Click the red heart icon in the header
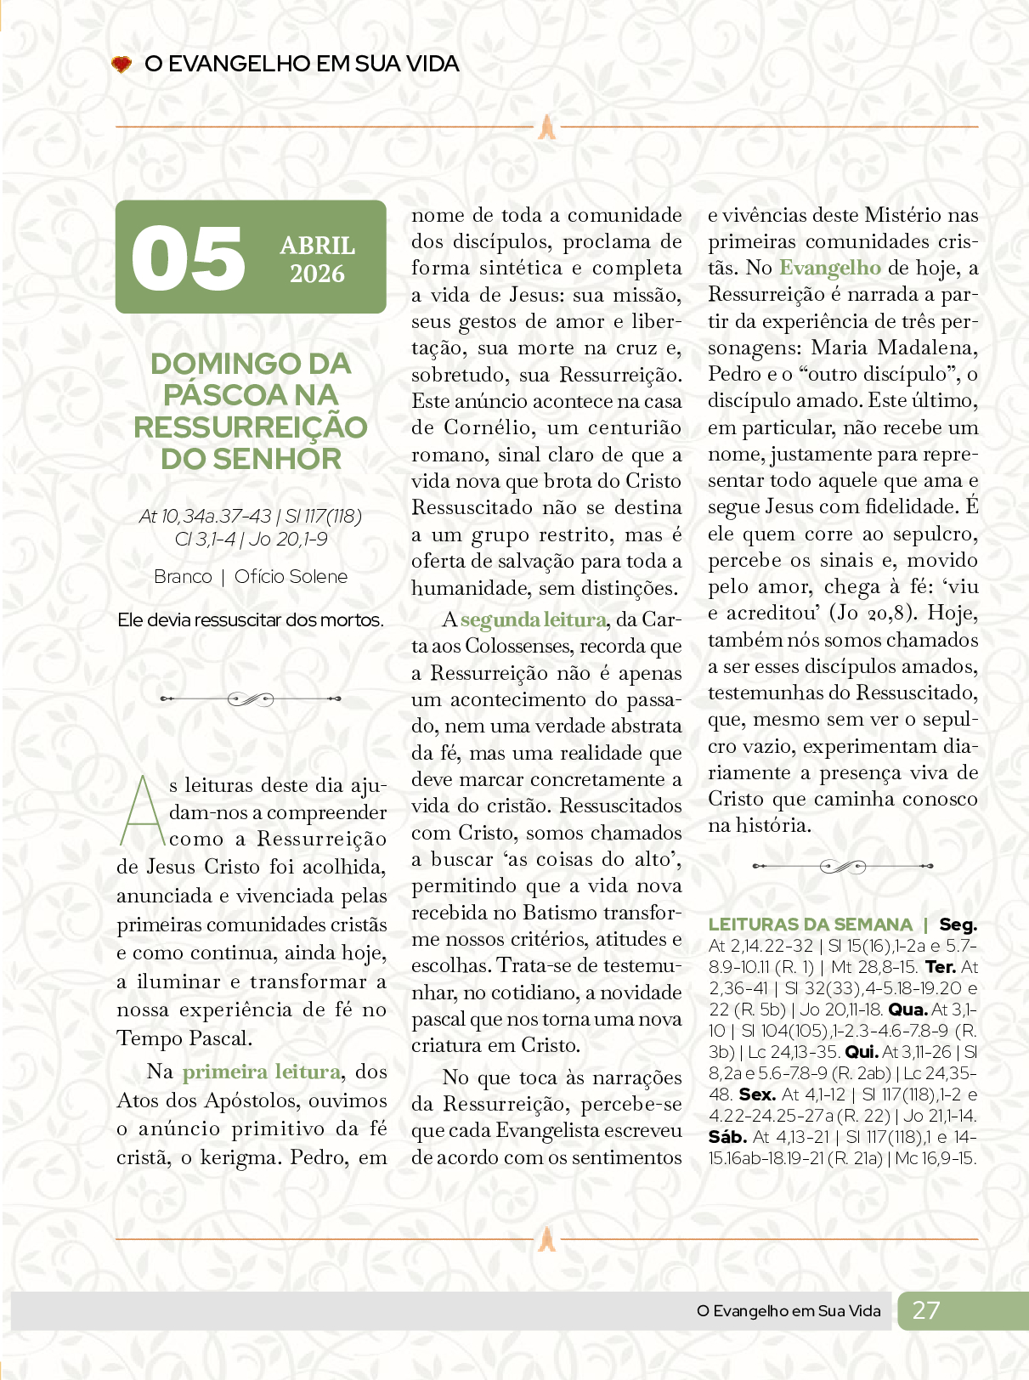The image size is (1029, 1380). (122, 64)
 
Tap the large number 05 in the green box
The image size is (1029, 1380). (189, 257)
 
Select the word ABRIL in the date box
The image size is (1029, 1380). (318, 246)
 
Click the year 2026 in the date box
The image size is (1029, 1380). (317, 274)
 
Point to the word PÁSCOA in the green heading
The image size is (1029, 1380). (218, 395)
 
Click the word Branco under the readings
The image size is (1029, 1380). (183, 577)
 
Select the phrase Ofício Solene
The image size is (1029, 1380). (291, 577)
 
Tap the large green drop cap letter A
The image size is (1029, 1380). (142, 811)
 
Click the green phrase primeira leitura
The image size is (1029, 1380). (261, 1072)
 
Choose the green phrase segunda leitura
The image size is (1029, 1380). (534, 620)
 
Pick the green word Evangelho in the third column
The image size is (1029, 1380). (829, 268)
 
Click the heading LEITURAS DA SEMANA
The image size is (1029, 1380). (810, 925)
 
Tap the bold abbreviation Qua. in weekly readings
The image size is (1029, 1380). (907, 1010)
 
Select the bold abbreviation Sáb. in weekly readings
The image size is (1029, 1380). (727, 1137)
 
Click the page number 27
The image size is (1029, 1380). (925, 1310)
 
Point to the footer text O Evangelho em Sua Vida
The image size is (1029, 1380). (789, 1311)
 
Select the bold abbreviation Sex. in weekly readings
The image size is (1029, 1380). (756, 1094)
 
